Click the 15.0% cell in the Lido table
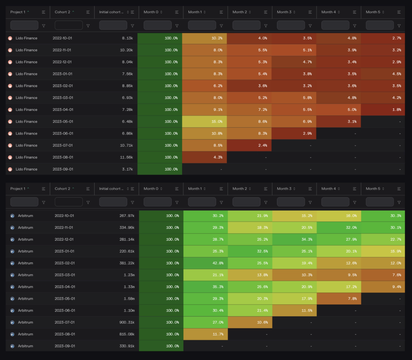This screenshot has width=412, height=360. (x=204, y=121)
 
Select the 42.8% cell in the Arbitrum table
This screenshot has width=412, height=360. (x=205, y=263)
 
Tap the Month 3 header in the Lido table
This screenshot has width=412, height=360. (x=284, y=12)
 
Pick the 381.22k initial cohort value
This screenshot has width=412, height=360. (x=127, y=263)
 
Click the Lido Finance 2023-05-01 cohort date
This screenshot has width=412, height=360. (x=63, y=121)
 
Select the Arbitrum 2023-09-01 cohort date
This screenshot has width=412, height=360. (x=65, y=346)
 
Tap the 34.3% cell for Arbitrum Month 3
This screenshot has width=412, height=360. (x=294, y=240)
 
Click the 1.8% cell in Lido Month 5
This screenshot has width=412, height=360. (x=383, y=110)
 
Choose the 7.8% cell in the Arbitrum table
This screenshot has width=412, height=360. (x=339, y=299)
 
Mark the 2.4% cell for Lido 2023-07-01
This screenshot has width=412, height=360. (x=249, y=146)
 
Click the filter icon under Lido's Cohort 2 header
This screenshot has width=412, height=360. (x=88, y=26)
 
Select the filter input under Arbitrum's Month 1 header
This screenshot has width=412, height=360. (x=202, y=202)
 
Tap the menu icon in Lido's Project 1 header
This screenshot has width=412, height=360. (x=44, y=12)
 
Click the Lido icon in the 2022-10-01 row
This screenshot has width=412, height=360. (x=10, y=38)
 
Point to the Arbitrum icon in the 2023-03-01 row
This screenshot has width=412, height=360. (x=12, y=275)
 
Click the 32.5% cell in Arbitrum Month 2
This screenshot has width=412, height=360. (x=250, y=251)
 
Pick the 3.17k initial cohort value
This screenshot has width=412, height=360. (x=127, y=169)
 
